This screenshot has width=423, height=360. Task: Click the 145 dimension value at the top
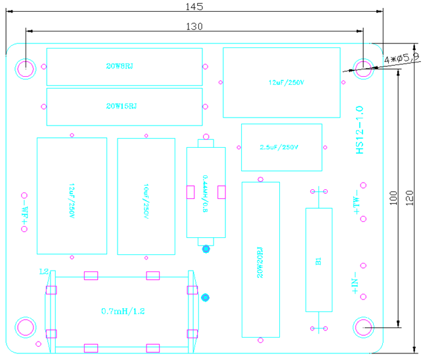tap(194, 6)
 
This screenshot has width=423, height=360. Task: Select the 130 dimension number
tap(195, 26)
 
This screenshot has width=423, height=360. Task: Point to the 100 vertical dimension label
tap(393, 197)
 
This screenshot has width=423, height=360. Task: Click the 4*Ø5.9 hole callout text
tap(401, 58)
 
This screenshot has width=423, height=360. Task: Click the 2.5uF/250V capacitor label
tap(281, 147)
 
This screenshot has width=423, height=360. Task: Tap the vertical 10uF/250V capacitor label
tap(146, 196)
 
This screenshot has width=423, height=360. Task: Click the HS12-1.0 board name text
tap(359, 129)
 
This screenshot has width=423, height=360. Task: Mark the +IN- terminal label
tap(355, 284)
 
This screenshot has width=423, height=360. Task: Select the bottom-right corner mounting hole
tap(363, 326)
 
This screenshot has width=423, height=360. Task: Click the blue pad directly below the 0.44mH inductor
tap(206, 249)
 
